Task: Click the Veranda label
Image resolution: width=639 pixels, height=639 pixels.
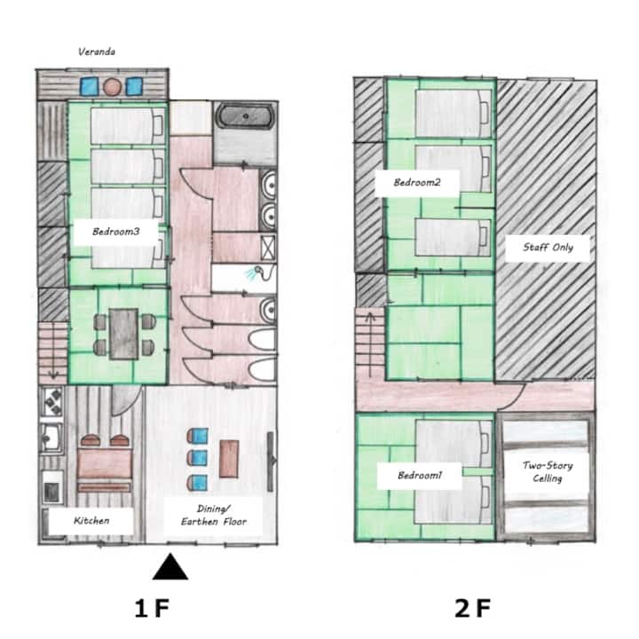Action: pos(97,51)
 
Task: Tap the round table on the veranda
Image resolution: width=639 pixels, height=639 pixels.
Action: pos(112,87)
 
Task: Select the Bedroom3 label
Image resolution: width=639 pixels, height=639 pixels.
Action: pos(115,232)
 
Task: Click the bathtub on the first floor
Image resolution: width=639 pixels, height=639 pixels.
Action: pos(245,116)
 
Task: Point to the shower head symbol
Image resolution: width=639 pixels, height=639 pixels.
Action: pos(258,270)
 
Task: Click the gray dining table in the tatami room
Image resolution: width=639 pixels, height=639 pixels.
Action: pos(123,334)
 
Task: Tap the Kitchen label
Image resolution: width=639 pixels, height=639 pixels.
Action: pos(91,520)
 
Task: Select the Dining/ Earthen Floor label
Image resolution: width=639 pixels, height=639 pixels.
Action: pos(214,515)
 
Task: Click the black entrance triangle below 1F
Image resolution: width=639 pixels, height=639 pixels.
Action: pos(170,566)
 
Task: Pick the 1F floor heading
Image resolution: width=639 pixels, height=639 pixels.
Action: pos(152,608)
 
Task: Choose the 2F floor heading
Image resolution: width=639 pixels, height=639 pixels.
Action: pos(472,608)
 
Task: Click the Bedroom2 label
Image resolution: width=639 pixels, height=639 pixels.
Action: pos(417,182)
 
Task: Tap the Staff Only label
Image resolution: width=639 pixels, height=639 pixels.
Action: pos(548,247)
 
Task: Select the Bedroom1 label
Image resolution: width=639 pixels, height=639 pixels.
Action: pos(419,475)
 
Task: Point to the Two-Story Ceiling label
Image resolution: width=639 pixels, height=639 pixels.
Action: pos(548,471)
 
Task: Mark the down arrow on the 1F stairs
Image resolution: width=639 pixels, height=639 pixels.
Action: pos(53,351)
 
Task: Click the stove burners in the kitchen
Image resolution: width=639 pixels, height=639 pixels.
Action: pos(53,401)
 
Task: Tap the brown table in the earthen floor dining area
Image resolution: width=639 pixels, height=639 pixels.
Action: pos(229,459)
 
